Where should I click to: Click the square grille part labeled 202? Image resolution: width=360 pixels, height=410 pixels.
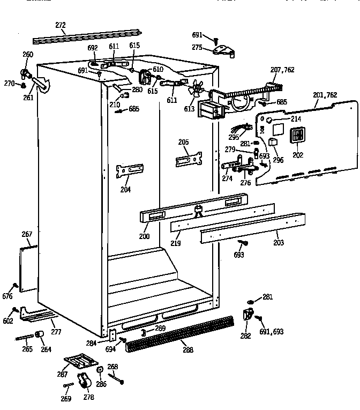(298, 135)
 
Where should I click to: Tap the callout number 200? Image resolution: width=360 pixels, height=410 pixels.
(144, 236)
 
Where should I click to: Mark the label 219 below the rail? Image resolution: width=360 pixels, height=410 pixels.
(176, 243)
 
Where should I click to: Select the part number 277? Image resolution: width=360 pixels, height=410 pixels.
(56, 332)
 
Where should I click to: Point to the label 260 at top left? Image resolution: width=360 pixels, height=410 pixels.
(27, 54)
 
